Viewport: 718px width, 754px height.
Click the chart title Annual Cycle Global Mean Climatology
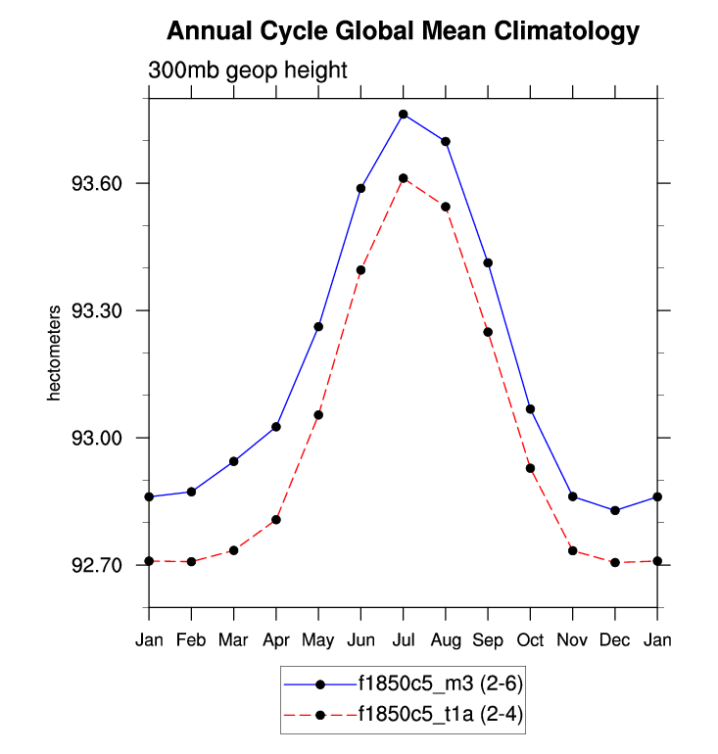(x=403, y=31)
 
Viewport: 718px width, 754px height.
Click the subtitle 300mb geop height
(x=249, y=71)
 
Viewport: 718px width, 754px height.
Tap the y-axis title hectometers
(x=56, y=353)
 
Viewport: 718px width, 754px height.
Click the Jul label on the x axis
(x=403, y=640)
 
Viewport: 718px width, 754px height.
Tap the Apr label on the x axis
(x=276, y=640)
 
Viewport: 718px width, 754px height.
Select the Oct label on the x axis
(x=530, y=640)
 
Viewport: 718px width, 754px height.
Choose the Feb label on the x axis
(x=191, y=640)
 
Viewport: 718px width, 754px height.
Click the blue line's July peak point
(x=403, y=115)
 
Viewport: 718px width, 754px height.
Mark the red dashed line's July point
(x=403, y=178)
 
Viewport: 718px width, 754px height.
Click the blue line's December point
(x=615, y=510)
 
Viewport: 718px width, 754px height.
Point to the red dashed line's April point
(x=276, y=519)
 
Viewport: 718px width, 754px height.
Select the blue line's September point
(x=488, y=262)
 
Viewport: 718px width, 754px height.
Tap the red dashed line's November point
(x=573, y=550)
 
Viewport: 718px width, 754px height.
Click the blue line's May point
(x=318, y=326)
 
